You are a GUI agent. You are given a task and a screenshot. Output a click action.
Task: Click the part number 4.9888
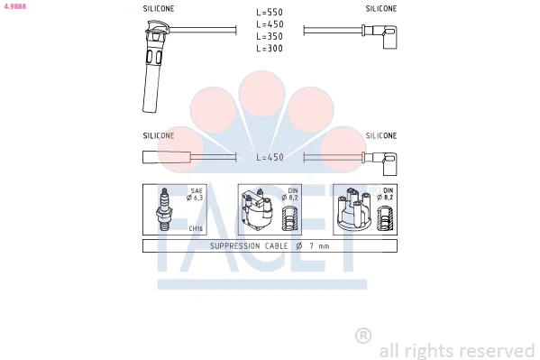[15, 6]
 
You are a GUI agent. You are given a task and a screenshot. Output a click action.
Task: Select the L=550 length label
[270, 12]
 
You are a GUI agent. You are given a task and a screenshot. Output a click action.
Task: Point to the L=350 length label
[270, 36]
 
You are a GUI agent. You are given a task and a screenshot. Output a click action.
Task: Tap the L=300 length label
[270, 49]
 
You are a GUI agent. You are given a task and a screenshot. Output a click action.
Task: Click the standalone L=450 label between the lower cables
[270, 157]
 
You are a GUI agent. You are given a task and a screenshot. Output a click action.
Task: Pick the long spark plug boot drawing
[153, 66]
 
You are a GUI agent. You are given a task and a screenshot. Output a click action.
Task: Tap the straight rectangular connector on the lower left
[167, 157]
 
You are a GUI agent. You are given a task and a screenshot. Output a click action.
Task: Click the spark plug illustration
[164, 209]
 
